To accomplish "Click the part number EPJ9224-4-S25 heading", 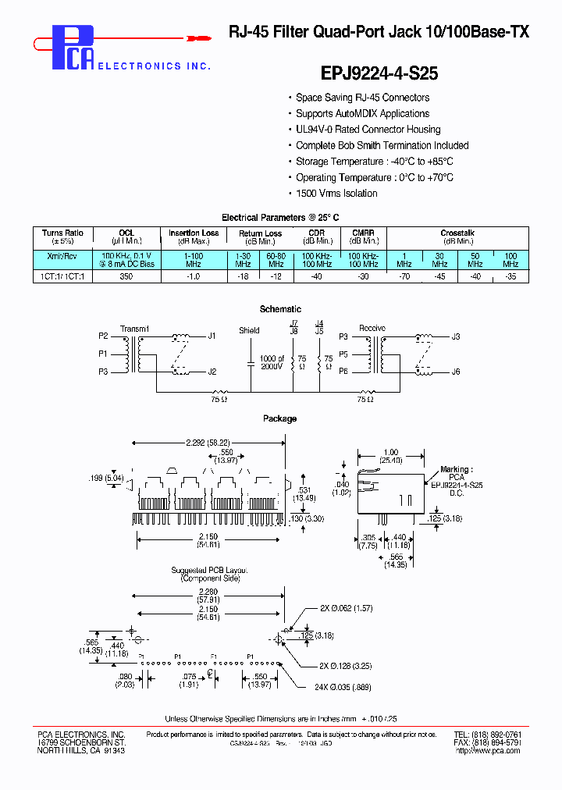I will [x=379, y=73].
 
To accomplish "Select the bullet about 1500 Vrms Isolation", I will [x=336, y=194].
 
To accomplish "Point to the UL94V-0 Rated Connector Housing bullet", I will [x=368, y=130].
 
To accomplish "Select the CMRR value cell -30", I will [x=363, y=277].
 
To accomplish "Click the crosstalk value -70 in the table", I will [x=404, y=277].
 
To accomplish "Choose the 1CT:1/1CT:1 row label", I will [x=62, y=277].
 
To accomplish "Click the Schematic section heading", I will [x=280, y=309].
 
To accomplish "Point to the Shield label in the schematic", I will [x=249, y=330].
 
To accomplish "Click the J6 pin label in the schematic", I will [x=456, y=372].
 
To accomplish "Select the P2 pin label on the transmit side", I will [x=103, y=336].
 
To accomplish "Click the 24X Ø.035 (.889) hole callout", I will [x=343, y=687].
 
